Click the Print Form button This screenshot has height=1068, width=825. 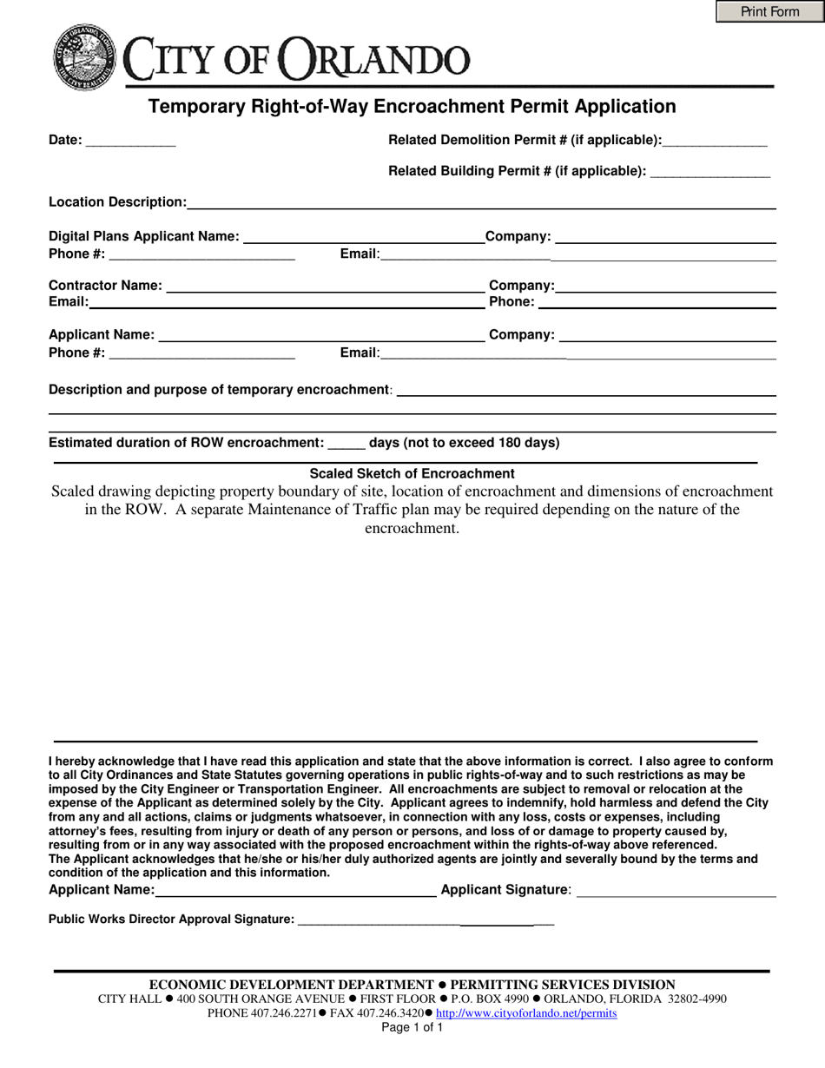pos(769,11)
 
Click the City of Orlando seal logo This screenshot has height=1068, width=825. pos(84,57)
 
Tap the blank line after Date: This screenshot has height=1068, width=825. pos(131,141)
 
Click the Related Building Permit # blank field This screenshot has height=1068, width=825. pos(709,172)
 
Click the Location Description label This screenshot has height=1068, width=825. pos(117,202)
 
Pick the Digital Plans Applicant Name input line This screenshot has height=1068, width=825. pos(364,237)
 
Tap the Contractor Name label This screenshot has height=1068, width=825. pos(105,286)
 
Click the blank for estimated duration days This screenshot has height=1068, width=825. pos(346,443)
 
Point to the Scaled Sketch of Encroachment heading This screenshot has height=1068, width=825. pos(412,474)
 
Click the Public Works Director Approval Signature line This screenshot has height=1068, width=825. pos(426,920)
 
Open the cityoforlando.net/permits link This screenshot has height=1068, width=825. pos(526,1013)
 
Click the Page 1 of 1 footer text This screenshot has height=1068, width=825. pos(412,1027)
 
